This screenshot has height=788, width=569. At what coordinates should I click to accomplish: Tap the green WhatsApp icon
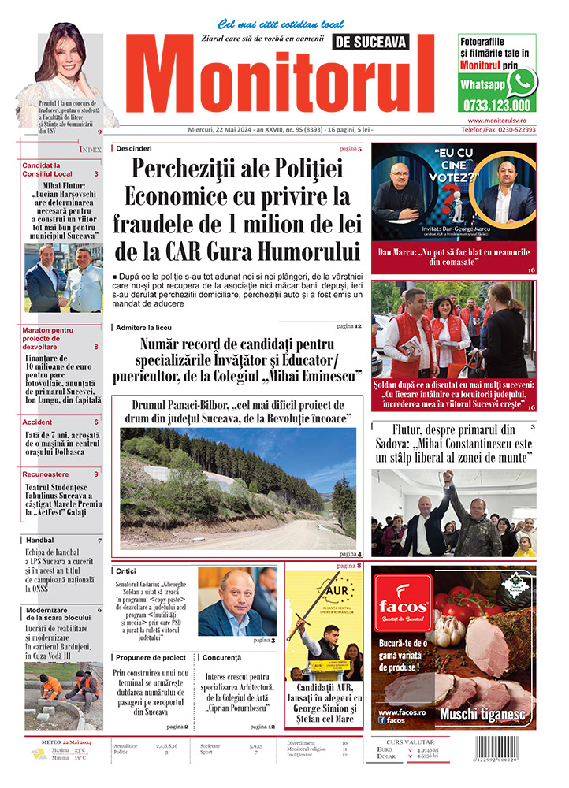coord(521,82)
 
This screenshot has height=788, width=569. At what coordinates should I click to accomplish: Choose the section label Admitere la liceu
coord(143,326)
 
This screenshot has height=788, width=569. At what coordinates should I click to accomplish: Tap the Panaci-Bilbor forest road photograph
coord(237,489)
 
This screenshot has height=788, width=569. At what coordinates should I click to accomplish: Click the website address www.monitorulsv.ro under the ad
coord(502,121)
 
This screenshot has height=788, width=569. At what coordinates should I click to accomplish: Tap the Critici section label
coord(126,571)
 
